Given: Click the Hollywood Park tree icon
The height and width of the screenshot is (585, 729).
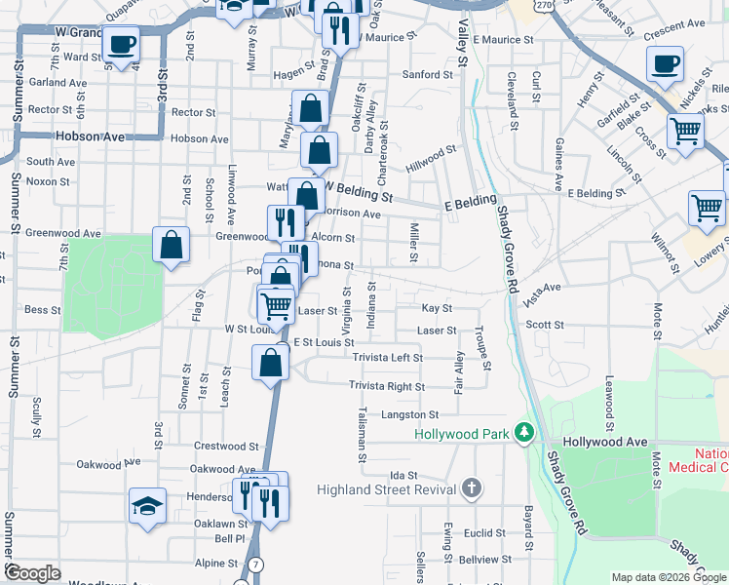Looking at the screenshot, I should click(524, 432).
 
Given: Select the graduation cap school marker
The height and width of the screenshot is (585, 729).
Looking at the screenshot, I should click(147, 505).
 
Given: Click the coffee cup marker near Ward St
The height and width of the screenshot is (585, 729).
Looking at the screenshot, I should click(122, 44).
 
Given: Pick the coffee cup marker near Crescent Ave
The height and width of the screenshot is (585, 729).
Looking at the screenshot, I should click(665, 64).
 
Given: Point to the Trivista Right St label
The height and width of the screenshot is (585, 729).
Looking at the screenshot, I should click(387, 387).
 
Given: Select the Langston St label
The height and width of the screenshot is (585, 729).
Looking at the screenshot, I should click(404, 415).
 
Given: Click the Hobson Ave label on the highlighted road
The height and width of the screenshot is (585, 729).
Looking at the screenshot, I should click(91, 136).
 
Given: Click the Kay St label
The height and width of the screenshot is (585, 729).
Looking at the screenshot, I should click(437, 308).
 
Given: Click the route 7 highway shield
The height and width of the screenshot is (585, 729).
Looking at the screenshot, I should click(255, 565).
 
